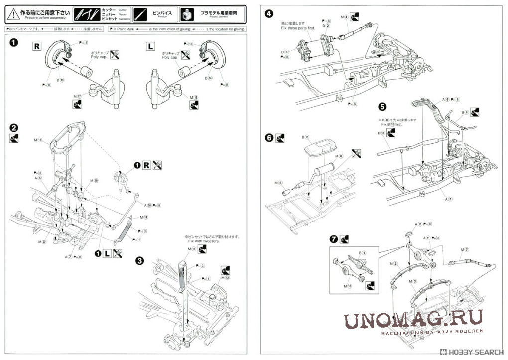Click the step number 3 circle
(x=140, y=260)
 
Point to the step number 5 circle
(x=382, y=106)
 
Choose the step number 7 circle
(x=333, y=239)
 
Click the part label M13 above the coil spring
(x=192, y=249)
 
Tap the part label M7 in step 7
(x=465, y=249)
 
